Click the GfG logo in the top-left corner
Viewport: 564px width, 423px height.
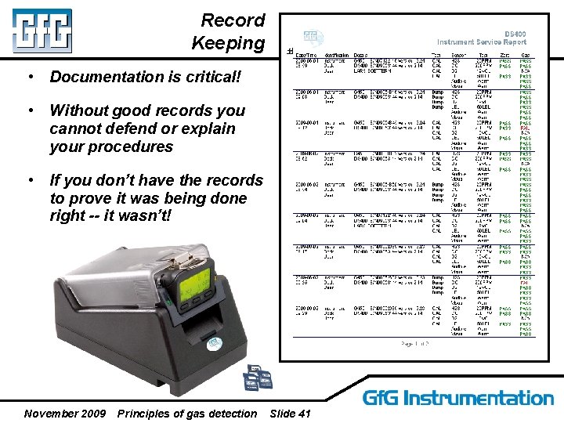click(x=42, y=31)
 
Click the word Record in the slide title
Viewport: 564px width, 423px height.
click(x=233, y=20)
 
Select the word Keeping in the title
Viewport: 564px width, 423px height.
click(x=228, y=43)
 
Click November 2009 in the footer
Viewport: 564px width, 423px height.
click(x=65, y=413)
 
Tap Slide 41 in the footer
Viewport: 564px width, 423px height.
click(x=289, y=413)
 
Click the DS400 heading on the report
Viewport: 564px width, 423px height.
click(x=515, y=34)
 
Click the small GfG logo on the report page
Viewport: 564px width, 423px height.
click(x=312, y=37)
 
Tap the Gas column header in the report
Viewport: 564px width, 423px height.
click(x=526, y=55)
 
